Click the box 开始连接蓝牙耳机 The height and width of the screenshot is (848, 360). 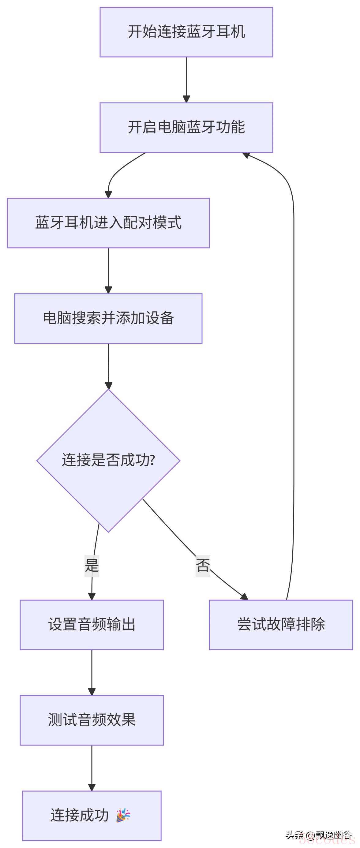(186, 32)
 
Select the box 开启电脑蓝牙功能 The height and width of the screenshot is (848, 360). (186, 127)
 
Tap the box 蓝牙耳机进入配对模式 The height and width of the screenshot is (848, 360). (108, 223)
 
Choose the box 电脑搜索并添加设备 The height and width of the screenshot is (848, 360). (108, 318)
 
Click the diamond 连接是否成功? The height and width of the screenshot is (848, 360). (108, 460)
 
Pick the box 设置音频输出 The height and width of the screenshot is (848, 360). (92, 625)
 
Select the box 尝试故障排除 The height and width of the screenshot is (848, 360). (281, 625)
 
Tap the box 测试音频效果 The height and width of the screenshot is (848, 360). (92, 720)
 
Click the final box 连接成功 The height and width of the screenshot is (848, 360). (92, 816)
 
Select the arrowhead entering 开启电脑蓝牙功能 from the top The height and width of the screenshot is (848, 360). (186, 99)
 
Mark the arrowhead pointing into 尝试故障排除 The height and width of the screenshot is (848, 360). (244, 596)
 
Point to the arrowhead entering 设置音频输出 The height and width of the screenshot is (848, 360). (92, 596)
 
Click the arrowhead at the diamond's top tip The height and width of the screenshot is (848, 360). (108, 386)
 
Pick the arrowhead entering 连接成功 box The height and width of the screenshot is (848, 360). (92, 787)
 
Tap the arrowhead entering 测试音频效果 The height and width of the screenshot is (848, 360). (92, 692)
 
